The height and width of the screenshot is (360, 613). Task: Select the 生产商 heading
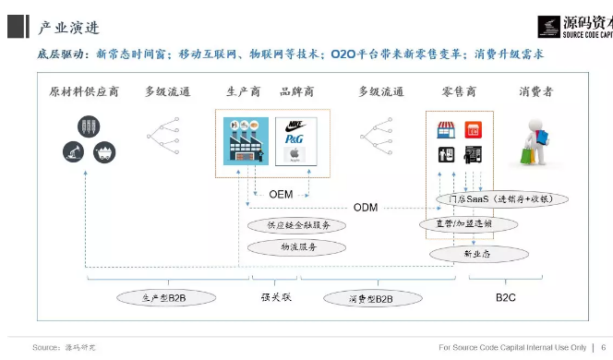[243, 91]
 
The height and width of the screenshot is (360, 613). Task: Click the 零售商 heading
[459, 91]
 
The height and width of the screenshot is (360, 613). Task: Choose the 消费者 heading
[536, 91]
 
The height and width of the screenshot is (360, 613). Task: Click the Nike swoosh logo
[295, 124]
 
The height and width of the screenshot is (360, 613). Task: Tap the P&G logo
[294, 139]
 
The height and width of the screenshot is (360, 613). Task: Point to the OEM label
[281, 195]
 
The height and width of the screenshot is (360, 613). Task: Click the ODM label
[366, 208]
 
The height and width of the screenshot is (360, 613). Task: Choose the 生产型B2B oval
[164, 298]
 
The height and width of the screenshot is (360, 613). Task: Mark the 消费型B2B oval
[371, 298]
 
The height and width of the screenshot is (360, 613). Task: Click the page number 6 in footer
[603, 347]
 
